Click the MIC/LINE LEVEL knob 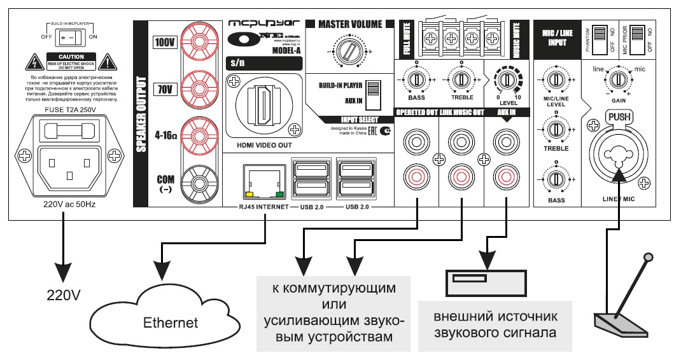coord(556,81)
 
